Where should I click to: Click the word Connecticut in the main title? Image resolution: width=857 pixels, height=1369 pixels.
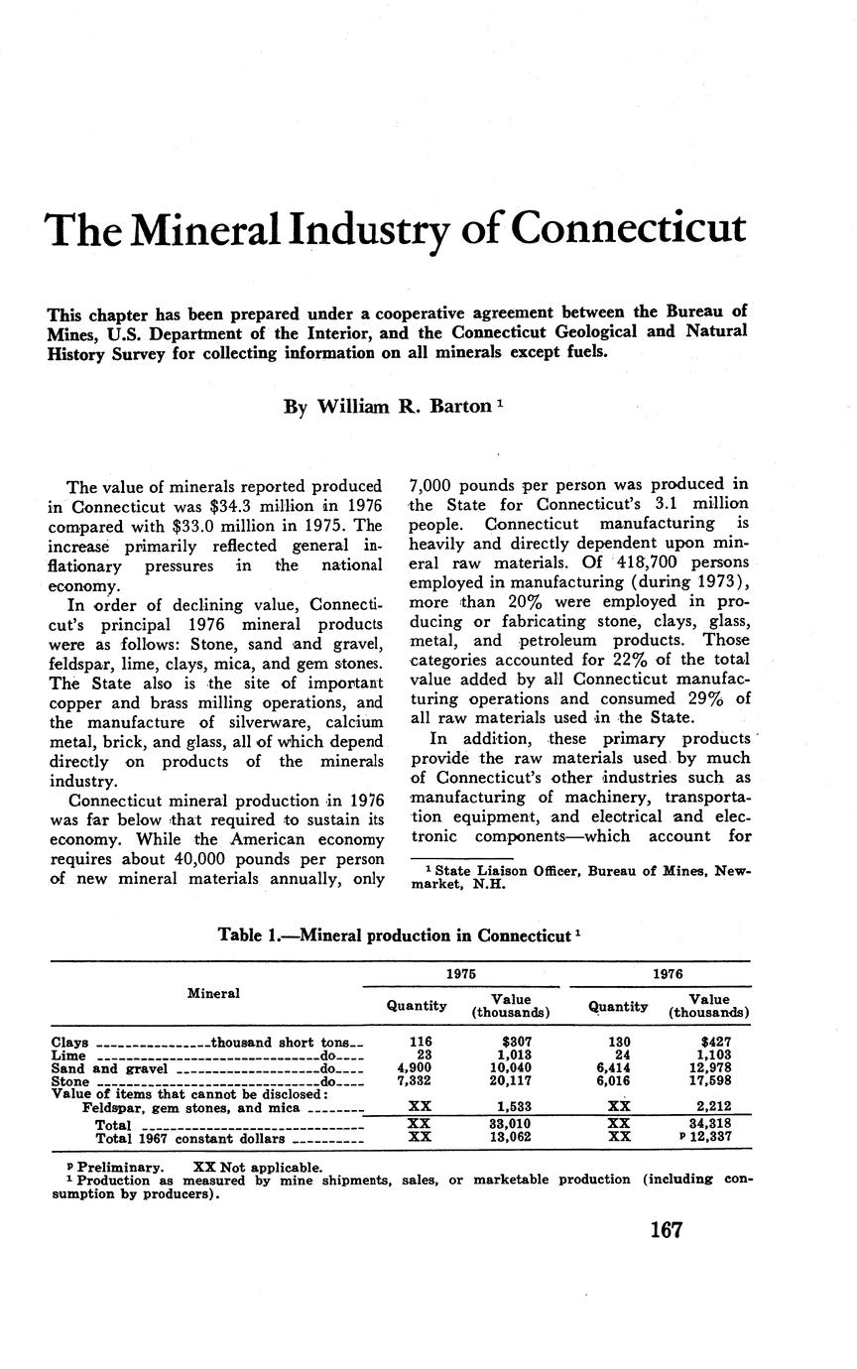[628, 228]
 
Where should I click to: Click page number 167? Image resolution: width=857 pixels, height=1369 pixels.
[666, 1231]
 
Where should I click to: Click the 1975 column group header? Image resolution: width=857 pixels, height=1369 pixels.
[460, 974]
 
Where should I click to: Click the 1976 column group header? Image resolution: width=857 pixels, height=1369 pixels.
[671, 974]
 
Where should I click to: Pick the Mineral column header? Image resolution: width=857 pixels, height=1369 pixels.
[213, 993]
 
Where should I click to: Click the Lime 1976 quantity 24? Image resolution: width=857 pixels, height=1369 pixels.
[619, 1056]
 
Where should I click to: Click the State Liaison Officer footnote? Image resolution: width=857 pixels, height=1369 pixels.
[580, 877]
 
